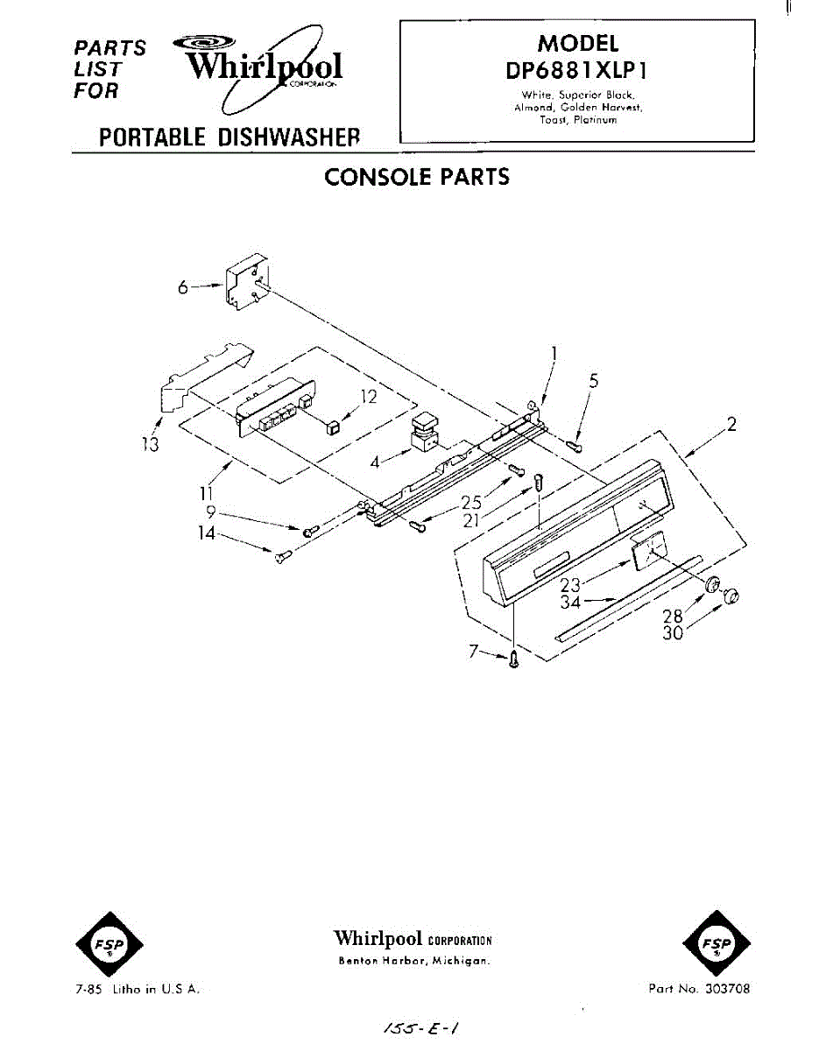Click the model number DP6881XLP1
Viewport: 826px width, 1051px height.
coord(576,70)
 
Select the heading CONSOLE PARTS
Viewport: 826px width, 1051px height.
coord(416,177)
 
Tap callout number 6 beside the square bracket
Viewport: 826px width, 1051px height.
coord(183,286)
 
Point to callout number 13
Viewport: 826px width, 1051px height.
coord(152,445)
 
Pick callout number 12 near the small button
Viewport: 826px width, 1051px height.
coord(369,397)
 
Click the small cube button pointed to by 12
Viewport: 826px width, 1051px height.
coord(332,427)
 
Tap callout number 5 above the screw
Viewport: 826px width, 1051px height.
coord(594,381)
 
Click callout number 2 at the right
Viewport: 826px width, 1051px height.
coord(731,426)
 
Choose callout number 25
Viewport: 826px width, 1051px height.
coord(471,504)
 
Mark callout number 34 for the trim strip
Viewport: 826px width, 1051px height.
coord(570,602)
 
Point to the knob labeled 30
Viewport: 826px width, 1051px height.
coord(730,596)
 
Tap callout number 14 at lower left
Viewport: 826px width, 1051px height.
coord(207,532)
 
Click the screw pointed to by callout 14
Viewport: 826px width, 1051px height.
coord(281,555)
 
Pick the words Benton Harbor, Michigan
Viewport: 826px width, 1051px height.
coord(413,961)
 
